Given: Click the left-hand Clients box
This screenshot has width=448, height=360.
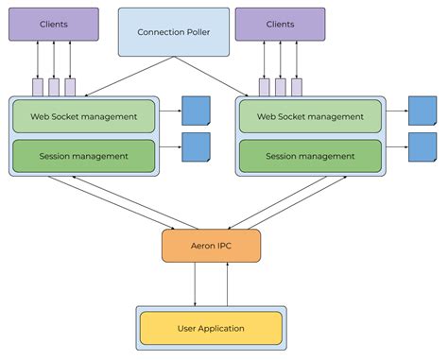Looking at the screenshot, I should (x=54, y=24).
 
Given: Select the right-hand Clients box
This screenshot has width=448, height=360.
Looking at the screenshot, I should (x=280, y=24).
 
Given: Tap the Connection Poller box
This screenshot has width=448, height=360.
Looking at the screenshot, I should (x=173, y=31).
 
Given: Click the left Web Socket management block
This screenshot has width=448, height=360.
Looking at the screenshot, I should (x=83, y=116).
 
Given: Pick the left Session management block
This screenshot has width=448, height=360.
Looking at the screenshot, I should (x=83, y=156).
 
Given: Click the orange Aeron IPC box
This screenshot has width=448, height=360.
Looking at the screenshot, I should (x=211, y=246).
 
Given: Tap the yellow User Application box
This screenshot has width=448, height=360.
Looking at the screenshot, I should (x=211, y=328).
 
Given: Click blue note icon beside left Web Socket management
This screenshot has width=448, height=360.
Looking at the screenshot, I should (x=196, y=111).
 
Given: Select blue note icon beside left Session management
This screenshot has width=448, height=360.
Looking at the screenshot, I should (x=196, y=146).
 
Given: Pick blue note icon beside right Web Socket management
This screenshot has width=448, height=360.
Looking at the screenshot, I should (x=422, y=111).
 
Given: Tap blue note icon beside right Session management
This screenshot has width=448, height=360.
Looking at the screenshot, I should (x=422, y=146).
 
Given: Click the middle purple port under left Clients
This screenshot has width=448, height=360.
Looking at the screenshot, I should (x=54, y=87).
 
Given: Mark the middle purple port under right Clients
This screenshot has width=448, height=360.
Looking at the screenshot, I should (x=281, y=87).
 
